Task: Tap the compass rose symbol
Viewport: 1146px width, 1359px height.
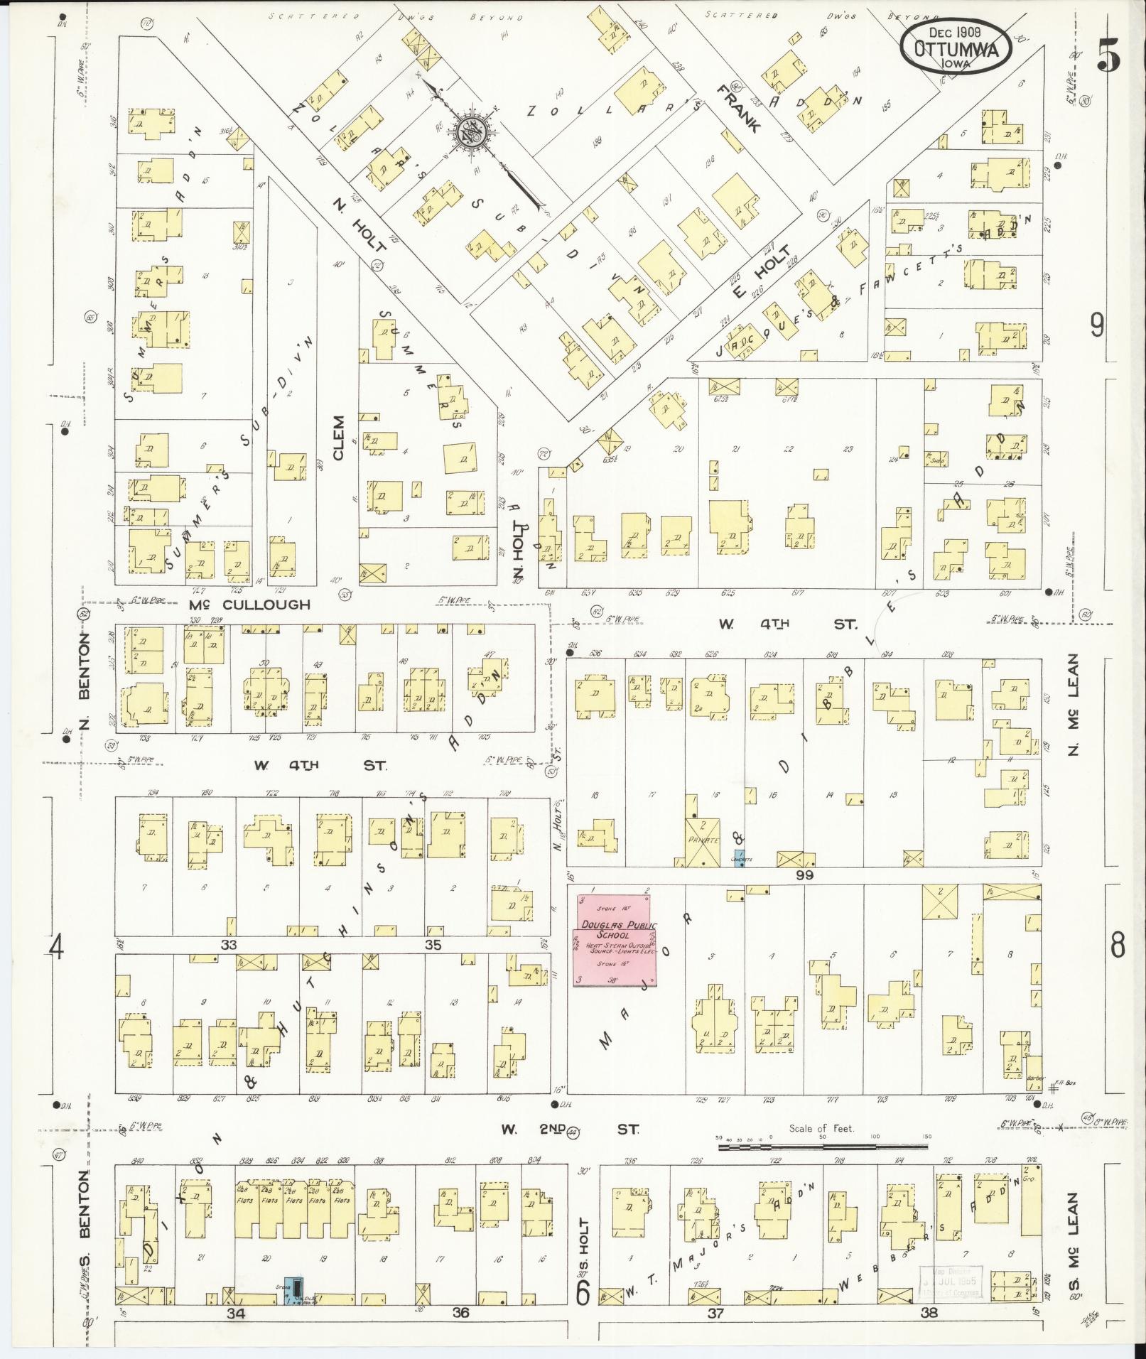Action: click(469, 129)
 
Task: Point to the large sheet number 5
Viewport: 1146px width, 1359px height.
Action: click(1108, 54)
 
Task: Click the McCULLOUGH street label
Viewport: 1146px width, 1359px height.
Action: click(250, 605)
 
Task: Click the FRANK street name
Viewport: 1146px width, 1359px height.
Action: click(739, 109)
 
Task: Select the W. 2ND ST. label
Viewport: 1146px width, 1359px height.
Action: click(571, 1128)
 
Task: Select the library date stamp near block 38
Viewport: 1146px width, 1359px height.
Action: click(950, 1281)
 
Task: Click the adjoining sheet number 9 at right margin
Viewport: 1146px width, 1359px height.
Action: click(1097, 326)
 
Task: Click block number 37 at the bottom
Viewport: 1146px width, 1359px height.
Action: click(715, 1313)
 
